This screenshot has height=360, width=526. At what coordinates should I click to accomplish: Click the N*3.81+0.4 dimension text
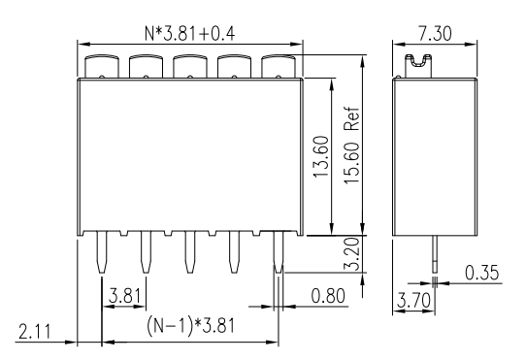[190, 33]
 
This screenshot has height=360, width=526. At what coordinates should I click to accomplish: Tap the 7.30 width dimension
[435, 33]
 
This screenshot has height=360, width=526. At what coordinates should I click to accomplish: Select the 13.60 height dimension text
[320, 156]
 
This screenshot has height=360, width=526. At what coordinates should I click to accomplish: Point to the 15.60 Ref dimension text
[352, 145]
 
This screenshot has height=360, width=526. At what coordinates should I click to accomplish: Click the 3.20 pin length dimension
[352, 253]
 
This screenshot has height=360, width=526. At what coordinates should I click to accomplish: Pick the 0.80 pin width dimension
[328, 296]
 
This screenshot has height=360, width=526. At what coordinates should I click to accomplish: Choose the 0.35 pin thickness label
[482, 273]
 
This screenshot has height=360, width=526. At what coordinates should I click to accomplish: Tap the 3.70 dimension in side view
[413, 300]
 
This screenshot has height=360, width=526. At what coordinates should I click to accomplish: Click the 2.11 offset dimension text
[35, 332]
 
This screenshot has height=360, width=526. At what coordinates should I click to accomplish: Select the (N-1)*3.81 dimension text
[190, 325]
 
